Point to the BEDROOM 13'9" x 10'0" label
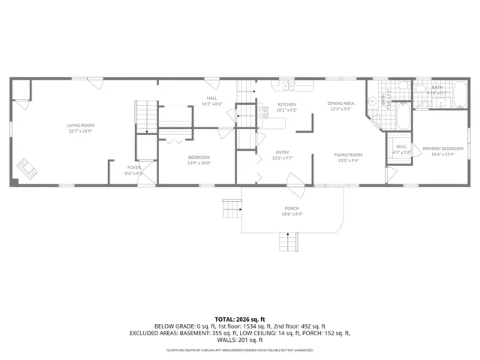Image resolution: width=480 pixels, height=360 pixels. coord(199,160)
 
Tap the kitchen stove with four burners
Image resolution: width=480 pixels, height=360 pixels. coord(264,112)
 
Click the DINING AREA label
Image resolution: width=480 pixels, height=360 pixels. coord(341,106)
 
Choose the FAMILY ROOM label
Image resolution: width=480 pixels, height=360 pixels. coord(347,157)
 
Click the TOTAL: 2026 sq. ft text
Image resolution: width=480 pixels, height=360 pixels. coord(239,319)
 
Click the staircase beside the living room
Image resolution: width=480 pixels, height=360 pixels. coord(146,117)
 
